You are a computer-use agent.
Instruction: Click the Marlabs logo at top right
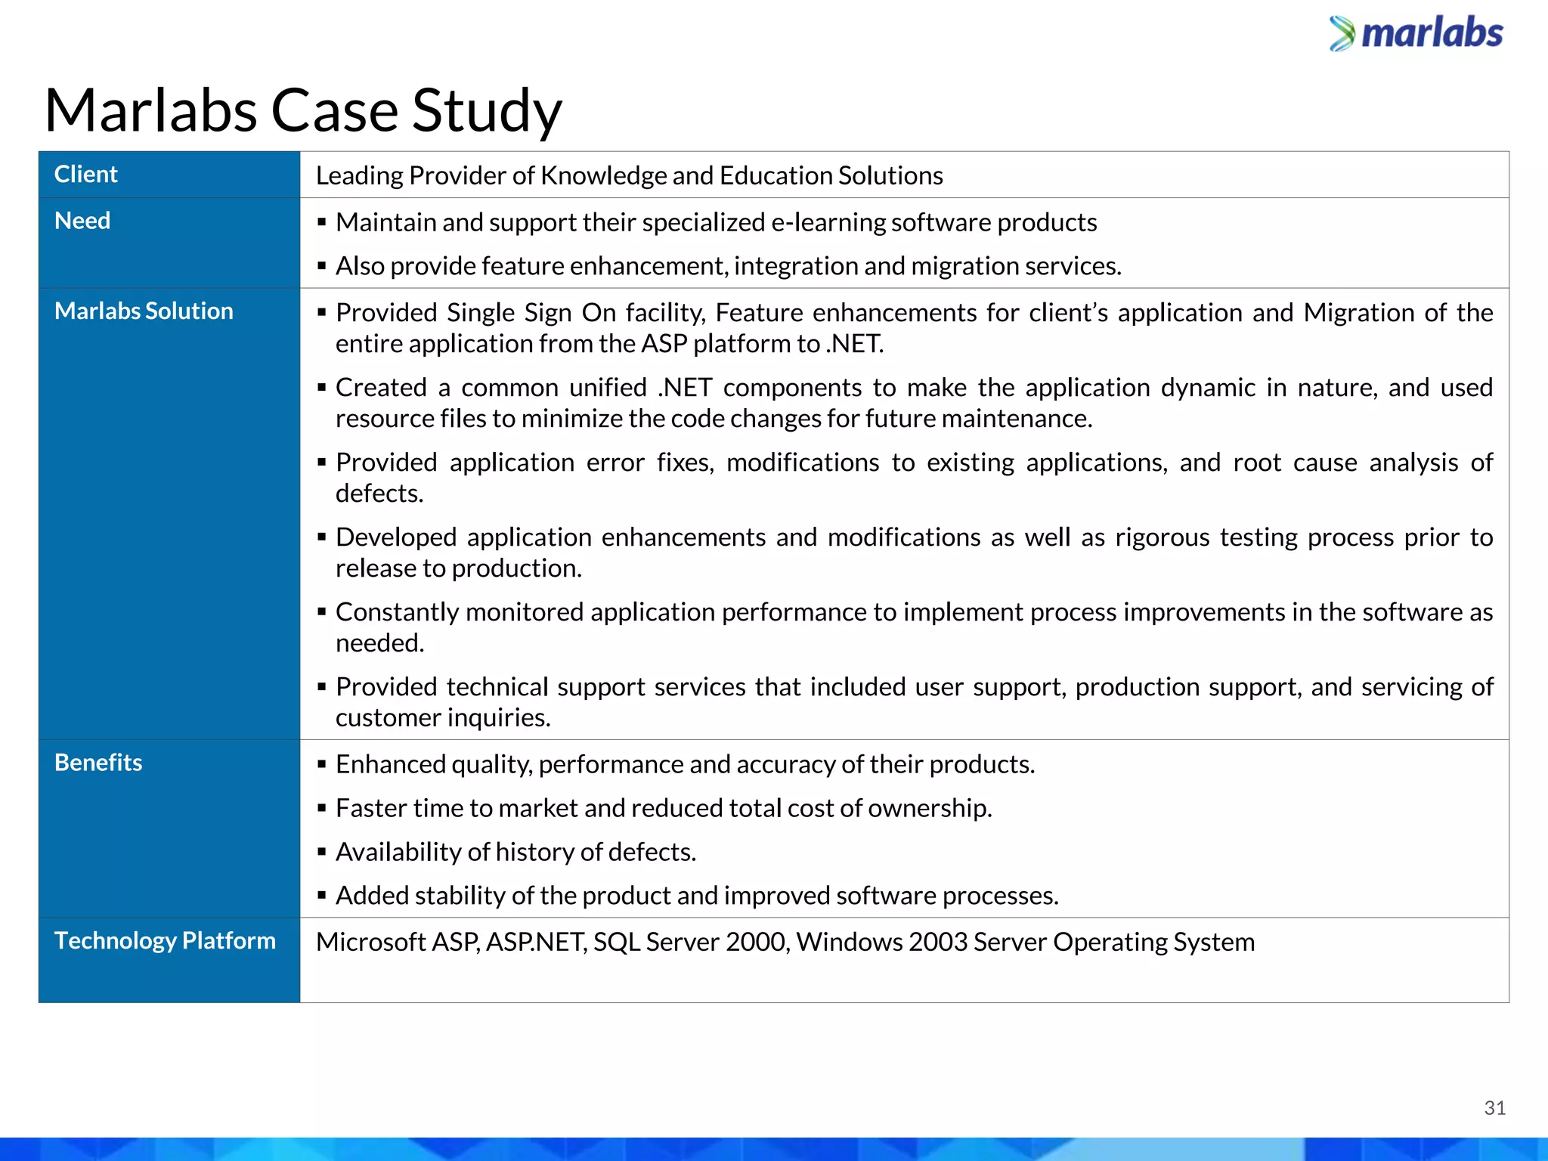pos(1416,34)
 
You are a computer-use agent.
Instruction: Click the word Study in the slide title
pos(487,110)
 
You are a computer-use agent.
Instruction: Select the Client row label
pos(86,175)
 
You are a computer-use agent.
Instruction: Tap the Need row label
pos(82,221)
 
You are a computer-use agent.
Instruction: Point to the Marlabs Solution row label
pos(144,311)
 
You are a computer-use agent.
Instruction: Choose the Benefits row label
pos(98,763)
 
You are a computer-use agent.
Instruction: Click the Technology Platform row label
pos(165,940)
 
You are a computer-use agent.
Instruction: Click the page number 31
pos(1494,1108)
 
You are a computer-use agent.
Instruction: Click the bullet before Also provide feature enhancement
pos(322,266)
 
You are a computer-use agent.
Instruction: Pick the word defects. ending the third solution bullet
pos(379,494)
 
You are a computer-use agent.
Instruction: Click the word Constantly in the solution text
pos(397,612)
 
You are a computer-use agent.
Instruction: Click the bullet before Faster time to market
pos(322,808)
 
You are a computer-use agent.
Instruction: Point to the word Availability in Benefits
pos(398,852)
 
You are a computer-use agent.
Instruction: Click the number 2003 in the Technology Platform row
pos(937,942)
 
